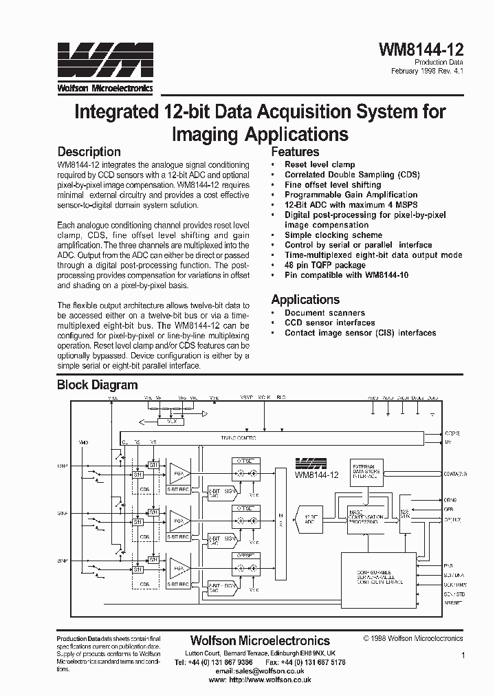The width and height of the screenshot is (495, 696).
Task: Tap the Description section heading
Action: click(89, 152)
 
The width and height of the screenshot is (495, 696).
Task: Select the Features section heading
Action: click(296, 152)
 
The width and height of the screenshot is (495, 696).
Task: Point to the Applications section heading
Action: click(305, 299)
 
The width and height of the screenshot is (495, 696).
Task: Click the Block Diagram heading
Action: click(97, 385)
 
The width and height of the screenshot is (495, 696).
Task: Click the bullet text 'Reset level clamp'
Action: click(320, 165)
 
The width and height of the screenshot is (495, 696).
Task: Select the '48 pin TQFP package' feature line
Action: click(325, 265)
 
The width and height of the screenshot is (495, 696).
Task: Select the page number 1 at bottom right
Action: click(463, 656)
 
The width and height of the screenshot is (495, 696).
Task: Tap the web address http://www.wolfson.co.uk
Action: click(269, 679)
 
